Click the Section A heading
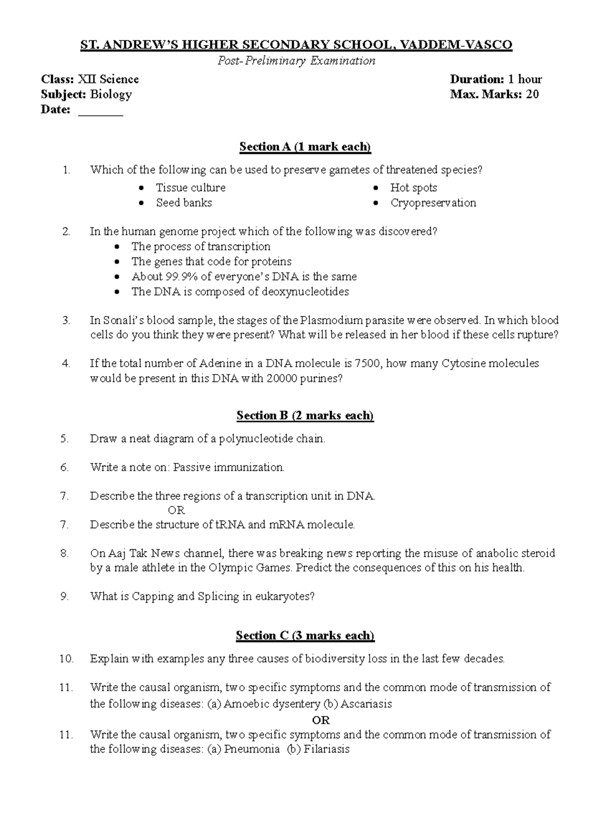coord(305,147)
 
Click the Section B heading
coord(305,416)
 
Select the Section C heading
coord(305,635)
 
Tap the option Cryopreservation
coord(433,203)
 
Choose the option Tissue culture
coord(191,188)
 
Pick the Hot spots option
coord(413,188)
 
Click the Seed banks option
coord(184,203)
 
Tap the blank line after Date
coord(101,110)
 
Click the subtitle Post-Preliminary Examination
coord(296,61)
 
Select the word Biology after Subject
coord(111,94)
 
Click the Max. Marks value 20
coord(532,94)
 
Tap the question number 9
coord(64,596)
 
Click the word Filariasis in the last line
coord(327,750)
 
